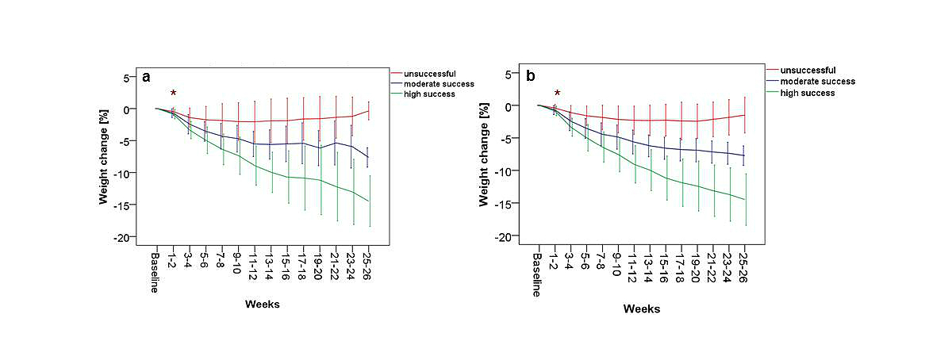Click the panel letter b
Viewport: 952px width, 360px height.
point(531,76)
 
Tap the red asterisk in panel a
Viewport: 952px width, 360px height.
point(173,94)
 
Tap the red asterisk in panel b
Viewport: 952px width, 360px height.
point(557,93)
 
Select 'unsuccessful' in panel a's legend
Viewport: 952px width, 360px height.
point(429,73)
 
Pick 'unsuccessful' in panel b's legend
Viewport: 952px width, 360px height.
point(808,70)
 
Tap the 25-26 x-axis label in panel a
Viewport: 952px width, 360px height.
point(367,266)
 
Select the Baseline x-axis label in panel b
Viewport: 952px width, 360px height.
point(537,274)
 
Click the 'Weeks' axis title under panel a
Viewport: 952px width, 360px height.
point(262,304)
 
